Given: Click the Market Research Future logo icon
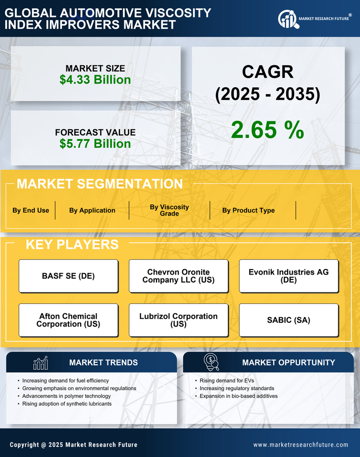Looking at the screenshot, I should pyautogui.click(x=287, y=19).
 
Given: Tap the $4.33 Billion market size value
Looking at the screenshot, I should pyautogui.click(x=95, y=80).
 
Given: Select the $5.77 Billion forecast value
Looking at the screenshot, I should pyautogui.click(x=95, y=144).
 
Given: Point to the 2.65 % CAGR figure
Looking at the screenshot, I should pyautogui.click(x=267, y=130).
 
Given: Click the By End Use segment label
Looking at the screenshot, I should pyautogui.click(x=31, y=210).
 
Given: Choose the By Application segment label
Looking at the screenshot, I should pyautogui.click(x=92, y=210).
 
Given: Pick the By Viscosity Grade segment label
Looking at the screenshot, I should pyautogui.click(x=169, y=210).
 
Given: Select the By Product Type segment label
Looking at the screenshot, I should pyautogui.click(x=248, y=210).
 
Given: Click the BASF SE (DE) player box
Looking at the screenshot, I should pyautogui.click(x=68, y=276).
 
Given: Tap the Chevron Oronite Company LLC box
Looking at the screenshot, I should pyautogui.click(x=178, y=276).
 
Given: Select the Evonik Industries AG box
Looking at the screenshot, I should pyautogui.click(x=289, y=276).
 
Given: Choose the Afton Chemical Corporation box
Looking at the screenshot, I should pyautogui.click(x=68, y=320).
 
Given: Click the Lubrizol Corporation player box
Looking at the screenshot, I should pyautogui.click(x=178, y=320).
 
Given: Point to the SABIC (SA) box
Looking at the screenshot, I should pyautogui.click(x=289, y=320).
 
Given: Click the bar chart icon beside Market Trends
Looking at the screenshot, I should pyautogui.click(x=40, y=363).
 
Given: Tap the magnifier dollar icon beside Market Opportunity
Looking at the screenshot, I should pyautogui.click(x=211, y=362).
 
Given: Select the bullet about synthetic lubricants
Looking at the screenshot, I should pyautogui.click(x=67, y=404).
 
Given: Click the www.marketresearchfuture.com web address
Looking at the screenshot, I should pyautogui.click(x=301, y=445).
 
